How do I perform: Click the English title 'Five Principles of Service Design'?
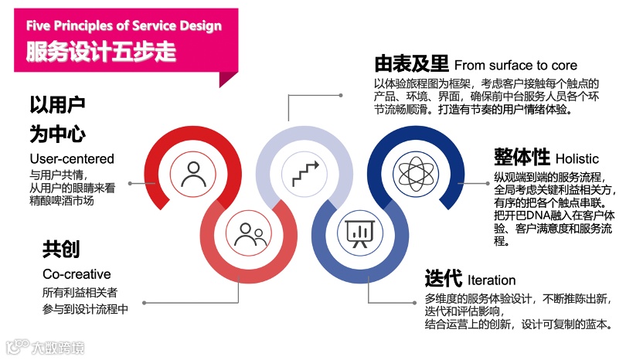point(124,25)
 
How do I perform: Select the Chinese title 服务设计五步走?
point(101,52)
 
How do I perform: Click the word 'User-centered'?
point(71,159)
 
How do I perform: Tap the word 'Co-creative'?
point(77,274)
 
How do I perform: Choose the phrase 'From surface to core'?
point(515,65)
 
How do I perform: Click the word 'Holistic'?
point(577,158)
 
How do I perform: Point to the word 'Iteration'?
point(492,280)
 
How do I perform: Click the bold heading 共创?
point(61,249)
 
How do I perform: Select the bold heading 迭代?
point(443,278)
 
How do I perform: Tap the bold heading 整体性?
point(521,157)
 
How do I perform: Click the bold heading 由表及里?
point(412,63)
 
